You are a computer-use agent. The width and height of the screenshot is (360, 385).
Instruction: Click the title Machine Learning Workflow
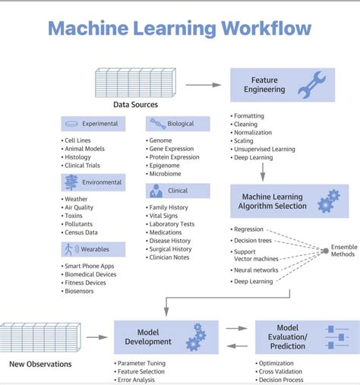click(179, 29)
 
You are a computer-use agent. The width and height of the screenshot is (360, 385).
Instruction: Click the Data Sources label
click(135, 104)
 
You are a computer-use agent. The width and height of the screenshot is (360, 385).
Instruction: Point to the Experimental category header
click(93, 124)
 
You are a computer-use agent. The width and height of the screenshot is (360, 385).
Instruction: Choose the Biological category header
click(178, 124)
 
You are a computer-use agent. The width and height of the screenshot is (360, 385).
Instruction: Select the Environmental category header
click(93, 182)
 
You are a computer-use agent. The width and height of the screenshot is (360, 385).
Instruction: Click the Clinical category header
click(178, 191)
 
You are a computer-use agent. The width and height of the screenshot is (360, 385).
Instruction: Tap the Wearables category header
click(93, 249)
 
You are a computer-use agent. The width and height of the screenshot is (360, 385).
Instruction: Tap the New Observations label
click(40, 364)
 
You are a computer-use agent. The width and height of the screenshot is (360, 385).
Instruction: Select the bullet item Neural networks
click(255, 270)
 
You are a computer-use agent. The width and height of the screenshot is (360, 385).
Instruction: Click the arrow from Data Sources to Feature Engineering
click(202, 85)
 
